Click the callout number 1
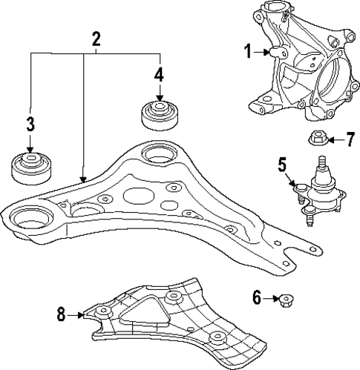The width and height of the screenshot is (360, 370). point(248,51)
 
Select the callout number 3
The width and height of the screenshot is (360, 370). point(30,124)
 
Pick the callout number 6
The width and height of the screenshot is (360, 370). point(257,299)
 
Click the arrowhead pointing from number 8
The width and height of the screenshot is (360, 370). point(84,315)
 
